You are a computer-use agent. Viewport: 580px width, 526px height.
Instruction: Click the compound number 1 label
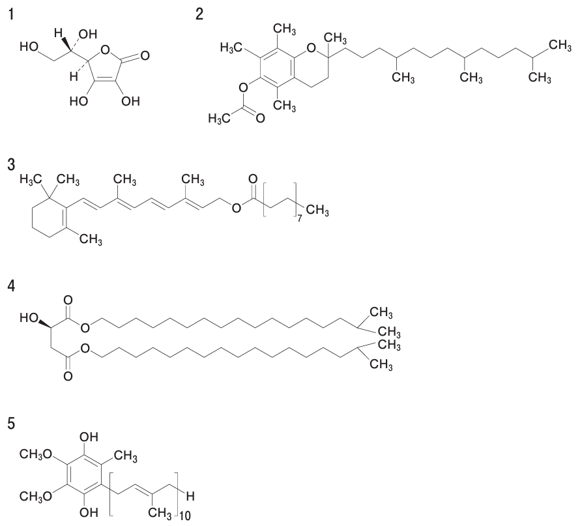(x=12, y=15)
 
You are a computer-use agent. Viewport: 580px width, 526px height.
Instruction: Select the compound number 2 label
(x=199, y=15)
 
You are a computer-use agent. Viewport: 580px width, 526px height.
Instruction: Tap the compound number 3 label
(x=12, y=165)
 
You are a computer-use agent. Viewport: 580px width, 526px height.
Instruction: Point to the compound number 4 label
(x=12, y=286)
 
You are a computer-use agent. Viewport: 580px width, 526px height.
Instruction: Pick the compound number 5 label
(x=12, y=424)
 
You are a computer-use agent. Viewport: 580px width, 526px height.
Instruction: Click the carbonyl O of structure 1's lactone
(x=145, y=56)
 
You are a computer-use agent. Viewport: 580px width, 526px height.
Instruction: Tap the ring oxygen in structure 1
(x=105, y=49)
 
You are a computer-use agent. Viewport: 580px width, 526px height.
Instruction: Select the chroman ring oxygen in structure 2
(x=312, y=48)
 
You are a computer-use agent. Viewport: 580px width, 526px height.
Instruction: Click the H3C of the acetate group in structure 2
(x=219, y=119)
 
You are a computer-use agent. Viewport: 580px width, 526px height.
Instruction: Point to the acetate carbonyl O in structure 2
(x=261, y=119)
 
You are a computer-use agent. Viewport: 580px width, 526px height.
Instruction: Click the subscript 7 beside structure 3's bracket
(x=300, y=218)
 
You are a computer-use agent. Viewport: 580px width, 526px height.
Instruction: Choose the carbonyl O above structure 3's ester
(x=253, y=179)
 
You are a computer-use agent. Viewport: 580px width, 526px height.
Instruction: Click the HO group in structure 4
(x=29, y=317)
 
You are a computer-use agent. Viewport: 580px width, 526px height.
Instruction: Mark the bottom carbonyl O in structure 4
(x=68, y=377)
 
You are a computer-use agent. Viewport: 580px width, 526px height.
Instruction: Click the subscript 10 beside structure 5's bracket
(x=185, y=516)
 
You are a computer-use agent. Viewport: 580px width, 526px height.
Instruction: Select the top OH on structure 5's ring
(x=89, y=437)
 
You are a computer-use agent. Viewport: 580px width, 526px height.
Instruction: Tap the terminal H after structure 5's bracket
(x=190, y=496)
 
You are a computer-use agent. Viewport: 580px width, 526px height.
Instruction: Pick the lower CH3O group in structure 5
(x=36, y=497)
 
